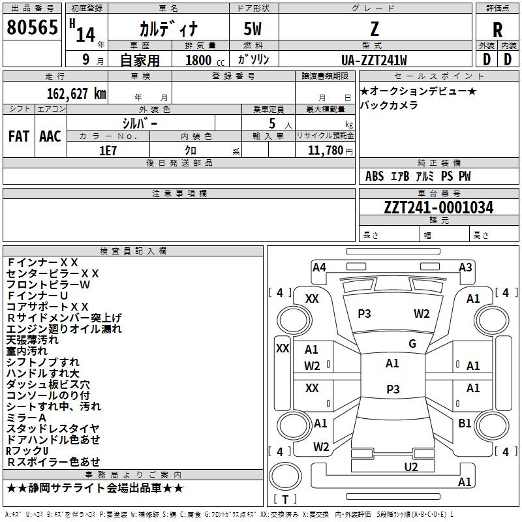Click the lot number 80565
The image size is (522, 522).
point(32,27)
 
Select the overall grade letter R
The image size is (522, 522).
point(497,29)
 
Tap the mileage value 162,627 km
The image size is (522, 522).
point(76,93)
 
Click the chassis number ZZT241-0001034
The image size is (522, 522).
point(438,207)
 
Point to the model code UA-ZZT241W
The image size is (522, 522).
point(374,60)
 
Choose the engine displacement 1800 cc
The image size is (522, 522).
point(205,60)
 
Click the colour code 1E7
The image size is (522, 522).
point(108,151)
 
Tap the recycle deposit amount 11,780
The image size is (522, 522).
point(325,151)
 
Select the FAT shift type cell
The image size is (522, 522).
point(19,136)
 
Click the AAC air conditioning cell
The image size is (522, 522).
point(50,136)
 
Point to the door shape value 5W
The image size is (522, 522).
point(253,29)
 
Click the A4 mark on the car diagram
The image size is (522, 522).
point(319,268)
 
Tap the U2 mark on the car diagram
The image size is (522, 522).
point(411,467)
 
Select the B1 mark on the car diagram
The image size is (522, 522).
point(465,423)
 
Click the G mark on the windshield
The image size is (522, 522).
point(412,343)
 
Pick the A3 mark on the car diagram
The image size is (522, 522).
point(465,268)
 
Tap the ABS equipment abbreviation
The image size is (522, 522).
point(375,176)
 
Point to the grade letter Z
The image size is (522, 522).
point(375,29)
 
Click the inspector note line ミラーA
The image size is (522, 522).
point(26,418)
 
